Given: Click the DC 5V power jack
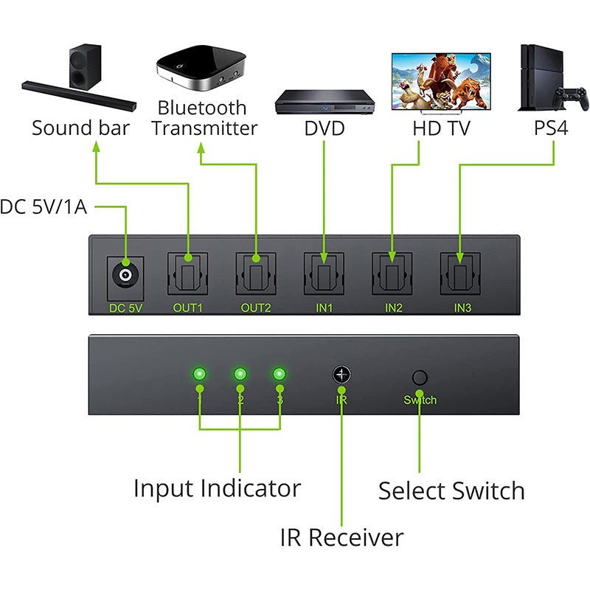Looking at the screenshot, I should tap(124, 277).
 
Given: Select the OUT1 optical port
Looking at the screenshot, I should tap(188, 275).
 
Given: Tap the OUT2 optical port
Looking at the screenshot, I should tap(256, 275).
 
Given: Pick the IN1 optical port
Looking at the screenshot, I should tap(324, 275).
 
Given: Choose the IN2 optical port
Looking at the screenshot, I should tap(393, 275).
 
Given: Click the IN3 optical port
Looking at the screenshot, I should tap(462, 275).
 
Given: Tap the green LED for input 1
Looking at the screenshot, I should tap(199, 374).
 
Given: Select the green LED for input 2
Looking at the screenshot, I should tap(240, 374).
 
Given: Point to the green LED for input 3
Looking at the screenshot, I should tap(280, 374).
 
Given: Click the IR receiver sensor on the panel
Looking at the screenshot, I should tap(341, 374).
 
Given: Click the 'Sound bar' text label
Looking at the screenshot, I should tap(80, 128).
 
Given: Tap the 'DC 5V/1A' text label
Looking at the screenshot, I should tap(44, 207).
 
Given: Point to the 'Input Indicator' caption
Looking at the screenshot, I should tap(217, 488).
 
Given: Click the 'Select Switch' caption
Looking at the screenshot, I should tap(451, 491).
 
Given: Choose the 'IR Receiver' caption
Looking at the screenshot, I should tap(341, 537).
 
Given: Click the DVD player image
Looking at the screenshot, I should tap(324, 103).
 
